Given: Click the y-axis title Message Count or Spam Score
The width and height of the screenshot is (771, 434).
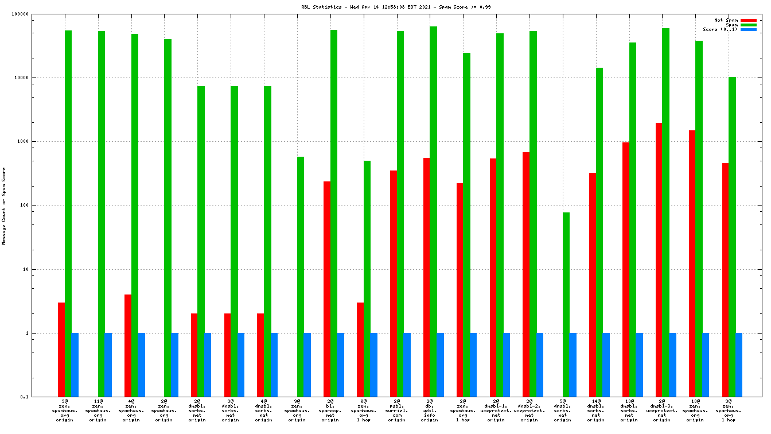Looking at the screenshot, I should tap(4, 206).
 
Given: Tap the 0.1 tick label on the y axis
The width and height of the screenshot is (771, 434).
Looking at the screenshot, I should tap(40, 397).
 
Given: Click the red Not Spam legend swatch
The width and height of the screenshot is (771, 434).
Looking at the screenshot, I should tap(749, 20).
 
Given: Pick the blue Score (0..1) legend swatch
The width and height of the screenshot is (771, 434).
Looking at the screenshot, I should tap(749, 29).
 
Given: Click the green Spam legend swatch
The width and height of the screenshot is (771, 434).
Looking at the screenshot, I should tap(749, 25).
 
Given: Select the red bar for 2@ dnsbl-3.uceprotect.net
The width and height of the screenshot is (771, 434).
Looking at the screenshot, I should tap(659, 259).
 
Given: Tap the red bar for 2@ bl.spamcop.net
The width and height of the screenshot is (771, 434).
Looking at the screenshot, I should tap(327, 289).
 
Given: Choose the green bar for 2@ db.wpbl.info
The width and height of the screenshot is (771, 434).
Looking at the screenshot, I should tap(433, 211).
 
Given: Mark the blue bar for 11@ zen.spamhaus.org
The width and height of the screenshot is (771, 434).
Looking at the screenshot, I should tap(108, 365).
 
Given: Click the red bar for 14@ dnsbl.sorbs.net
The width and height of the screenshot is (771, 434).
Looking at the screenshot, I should tap(593, 284).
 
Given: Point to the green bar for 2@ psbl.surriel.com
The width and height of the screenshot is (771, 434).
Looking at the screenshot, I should tap(400, 214).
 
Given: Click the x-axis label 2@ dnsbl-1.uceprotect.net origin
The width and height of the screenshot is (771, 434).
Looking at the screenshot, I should tap(496, 410).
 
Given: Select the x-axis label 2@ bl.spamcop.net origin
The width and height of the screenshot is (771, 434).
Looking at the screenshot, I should tap(330, 410).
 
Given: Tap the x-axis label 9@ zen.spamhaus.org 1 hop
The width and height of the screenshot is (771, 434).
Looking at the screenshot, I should tap(364, 410).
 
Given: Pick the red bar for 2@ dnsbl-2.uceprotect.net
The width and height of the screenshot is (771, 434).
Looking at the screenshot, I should tap(526, 274).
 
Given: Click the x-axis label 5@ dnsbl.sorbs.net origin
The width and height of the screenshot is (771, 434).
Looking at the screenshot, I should tap(563, 410).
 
